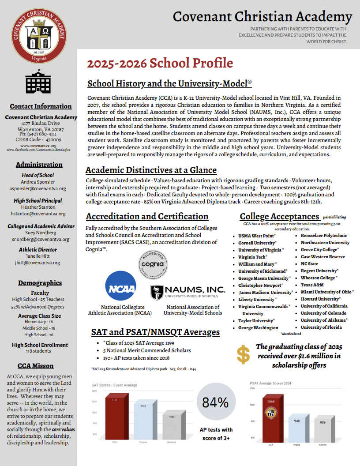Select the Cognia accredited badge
[153, 264]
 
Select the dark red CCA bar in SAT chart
[115, 417]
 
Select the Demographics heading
[40, 283]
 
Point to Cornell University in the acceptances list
[257, 243]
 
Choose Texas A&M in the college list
[312, 285]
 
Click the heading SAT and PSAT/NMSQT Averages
[155, 332]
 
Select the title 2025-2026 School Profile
[160, 63]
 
